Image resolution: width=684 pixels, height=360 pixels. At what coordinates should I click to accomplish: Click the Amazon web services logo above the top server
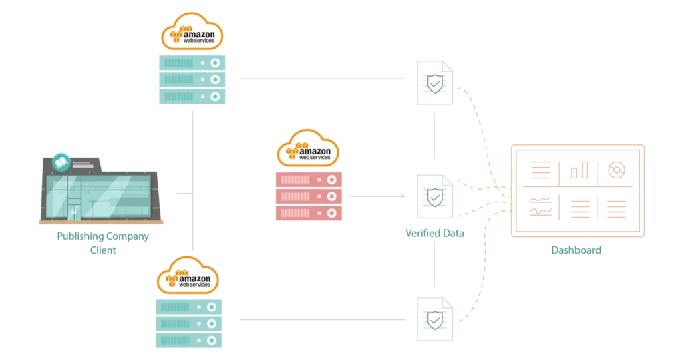pos(192,31)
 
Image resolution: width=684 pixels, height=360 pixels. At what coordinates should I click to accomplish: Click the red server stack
pos(309,196)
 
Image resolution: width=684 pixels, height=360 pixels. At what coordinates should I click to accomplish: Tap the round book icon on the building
pos(61,161)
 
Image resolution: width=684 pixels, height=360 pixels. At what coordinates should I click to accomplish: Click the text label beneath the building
pos(102,243)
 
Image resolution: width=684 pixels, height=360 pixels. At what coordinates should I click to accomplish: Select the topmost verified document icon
pos(433,83)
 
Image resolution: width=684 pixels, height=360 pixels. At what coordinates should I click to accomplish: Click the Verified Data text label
pos(435,233)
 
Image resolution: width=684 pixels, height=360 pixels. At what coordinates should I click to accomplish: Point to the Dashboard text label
pos(576,251)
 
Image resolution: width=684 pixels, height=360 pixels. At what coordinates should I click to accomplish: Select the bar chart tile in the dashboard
pos(578,172)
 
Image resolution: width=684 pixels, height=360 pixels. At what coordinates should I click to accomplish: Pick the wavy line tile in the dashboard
pos(542,208)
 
